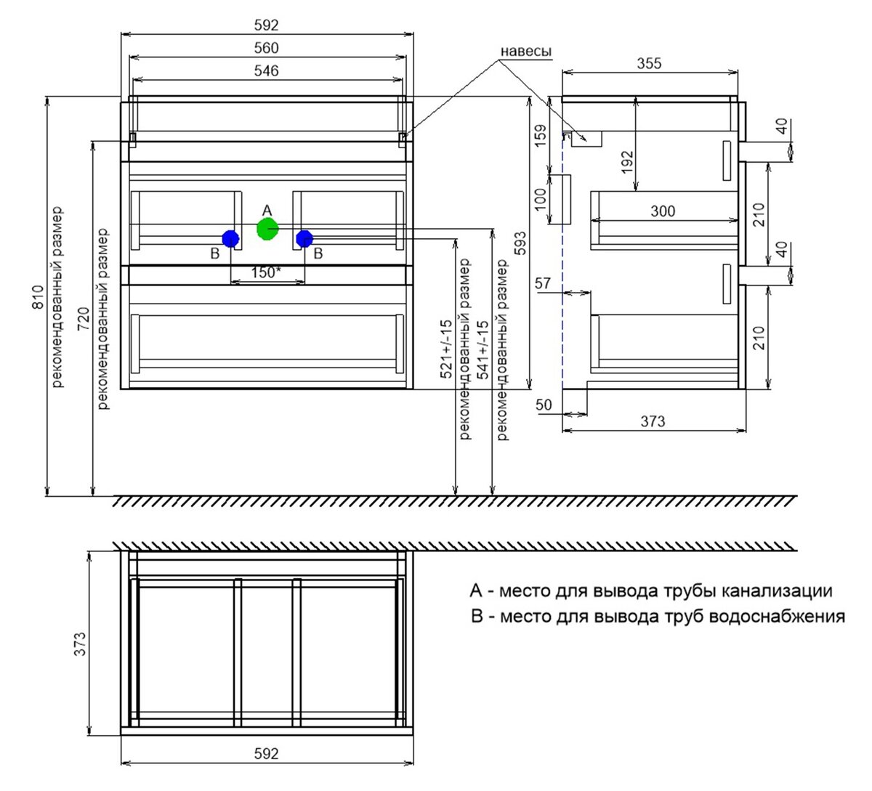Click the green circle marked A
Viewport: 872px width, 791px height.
point(267,229)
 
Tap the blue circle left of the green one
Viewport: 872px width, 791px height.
point(230,238)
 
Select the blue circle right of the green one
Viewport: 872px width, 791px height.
point(304,238)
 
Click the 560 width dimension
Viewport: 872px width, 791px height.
point(266,48)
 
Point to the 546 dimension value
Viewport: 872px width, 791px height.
point(266,71)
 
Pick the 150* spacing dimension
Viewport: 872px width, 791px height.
point(266,272)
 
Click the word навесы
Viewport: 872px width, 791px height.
point(526,52)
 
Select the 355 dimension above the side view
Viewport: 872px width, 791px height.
point(649,63)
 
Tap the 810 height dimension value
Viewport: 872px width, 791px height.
point(39,297)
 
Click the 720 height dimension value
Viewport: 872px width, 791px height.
point(84,319)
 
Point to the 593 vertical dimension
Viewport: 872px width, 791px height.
point(520,243)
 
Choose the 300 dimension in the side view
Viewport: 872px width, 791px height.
point(663,211)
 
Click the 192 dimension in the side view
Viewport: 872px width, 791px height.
point(627,162)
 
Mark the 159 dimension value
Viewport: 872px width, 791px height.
point(540,136)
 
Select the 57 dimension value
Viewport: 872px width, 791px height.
point(543,284)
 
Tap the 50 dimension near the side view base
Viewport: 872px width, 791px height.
point(544,405)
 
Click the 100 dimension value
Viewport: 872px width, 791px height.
point(540,200)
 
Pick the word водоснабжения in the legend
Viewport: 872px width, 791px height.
point(777,617)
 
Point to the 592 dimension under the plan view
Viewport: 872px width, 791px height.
point(266,754)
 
